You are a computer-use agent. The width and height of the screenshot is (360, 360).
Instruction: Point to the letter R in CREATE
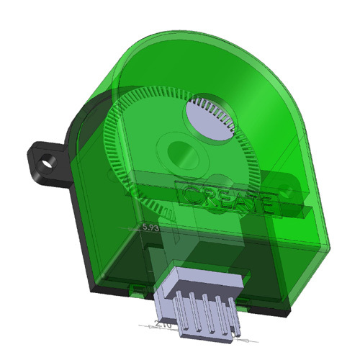207,197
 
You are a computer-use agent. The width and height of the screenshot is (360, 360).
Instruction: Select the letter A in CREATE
238,199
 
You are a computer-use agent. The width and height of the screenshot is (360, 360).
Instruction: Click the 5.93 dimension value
151,228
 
